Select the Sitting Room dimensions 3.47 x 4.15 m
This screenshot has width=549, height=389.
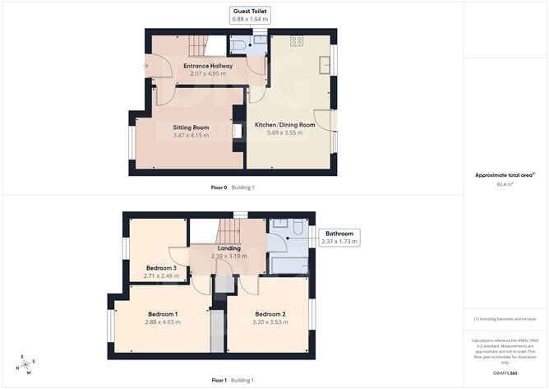[191, 136]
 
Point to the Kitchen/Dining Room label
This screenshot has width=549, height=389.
[284, 125]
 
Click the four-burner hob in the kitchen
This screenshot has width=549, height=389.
[294, 41]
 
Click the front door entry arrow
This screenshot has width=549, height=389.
[145, 66]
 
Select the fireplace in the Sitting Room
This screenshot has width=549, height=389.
[237, 130]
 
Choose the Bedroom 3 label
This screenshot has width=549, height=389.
[161, 267]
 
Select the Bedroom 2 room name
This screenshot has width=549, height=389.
[270, 314]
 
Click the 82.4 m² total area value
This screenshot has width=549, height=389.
[505, 184]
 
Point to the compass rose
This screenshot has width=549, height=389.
[27, 364]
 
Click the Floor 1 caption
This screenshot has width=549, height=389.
[219, 380]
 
